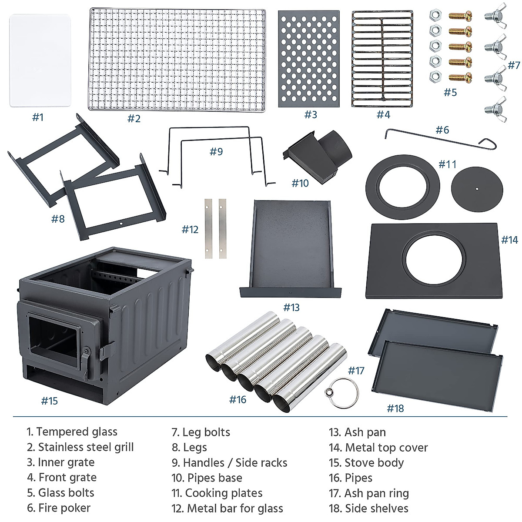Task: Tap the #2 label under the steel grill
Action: pyautogui.click(x=134, y=119)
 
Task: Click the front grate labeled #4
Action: pyautogui.click(x=382, y=59)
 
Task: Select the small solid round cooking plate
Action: pyautogui.click(x=477, y=189)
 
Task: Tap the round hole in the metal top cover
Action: pyautogui.click(x=431, y=260)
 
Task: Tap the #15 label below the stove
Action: pyautogui.click(x=50, y=401)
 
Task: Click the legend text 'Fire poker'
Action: pyautogui.click(x=64, y=508)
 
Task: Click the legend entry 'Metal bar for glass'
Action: pyautogui.click(x=234, y=508)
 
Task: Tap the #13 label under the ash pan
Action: pyautogui.click(x=291, y=308)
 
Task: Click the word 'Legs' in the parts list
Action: pyautogui.click(x=195, y=447)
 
